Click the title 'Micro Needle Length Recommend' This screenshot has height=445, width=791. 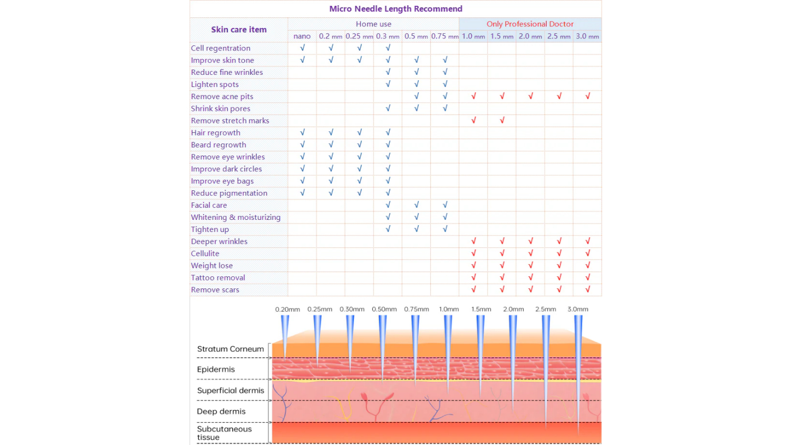click(x=395, y=9)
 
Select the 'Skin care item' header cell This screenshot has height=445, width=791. click(x=239, y=30)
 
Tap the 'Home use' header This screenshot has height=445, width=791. click(x=373, y=24)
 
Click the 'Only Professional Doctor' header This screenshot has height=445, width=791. click(x=530, y=24)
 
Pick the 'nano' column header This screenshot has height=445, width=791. click(x=302, y=36)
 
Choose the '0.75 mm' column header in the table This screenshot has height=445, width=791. click(x=445, y=36)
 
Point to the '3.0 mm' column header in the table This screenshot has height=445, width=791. click(x=587, y=36)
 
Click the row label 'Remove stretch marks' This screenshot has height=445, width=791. click(x=230, y=121)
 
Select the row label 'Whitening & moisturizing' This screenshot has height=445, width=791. click(x=236, y=217)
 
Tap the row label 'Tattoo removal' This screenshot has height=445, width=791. click(x=218, y=278)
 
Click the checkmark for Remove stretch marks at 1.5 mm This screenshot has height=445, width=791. click(x=502, y=120)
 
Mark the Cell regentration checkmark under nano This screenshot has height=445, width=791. click(x=303, y=47)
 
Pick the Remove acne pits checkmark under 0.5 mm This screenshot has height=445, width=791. click(x=417, y=96)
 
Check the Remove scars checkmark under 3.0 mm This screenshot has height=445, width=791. click(x=587, y=289)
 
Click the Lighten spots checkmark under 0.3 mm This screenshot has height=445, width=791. click(x=388, y=84)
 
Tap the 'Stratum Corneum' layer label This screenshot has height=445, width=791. click(x=230, y=349)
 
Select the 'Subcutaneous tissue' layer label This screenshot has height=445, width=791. click(x=224, y=433)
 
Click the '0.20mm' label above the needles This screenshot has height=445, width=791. click(x=287, y=309)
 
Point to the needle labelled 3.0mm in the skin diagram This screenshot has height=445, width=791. click(x=578, y=369)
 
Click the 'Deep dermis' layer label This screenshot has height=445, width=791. click(x=221, y=411)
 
